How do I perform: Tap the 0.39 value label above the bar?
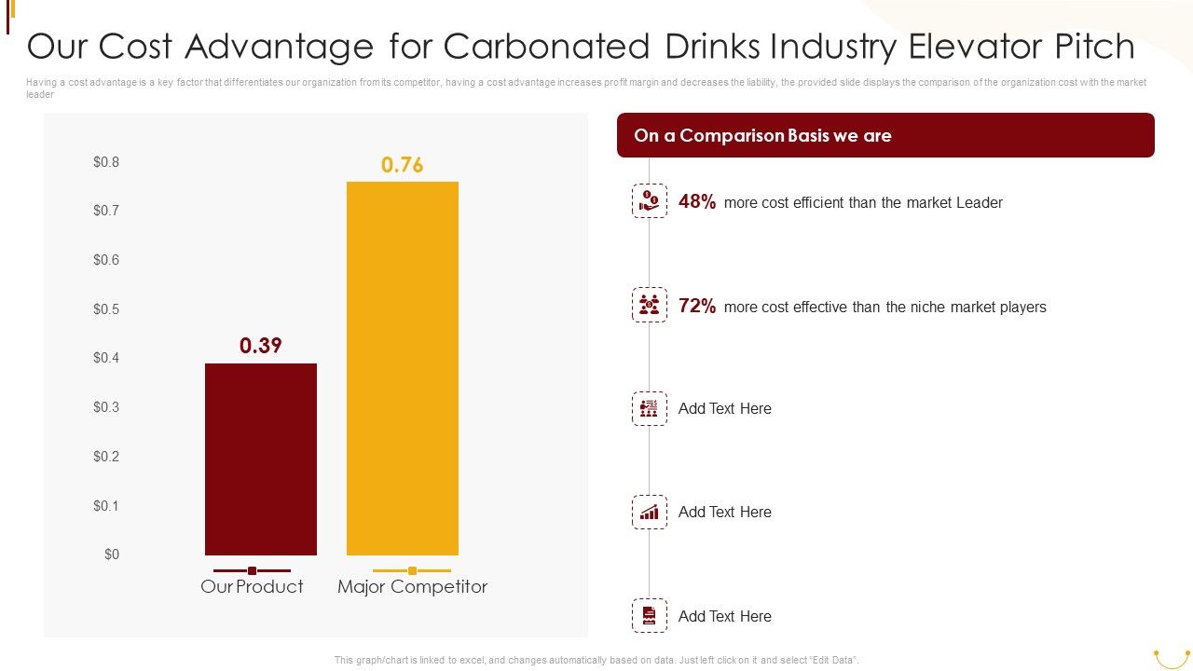pyautogui.click(x=260, y=346)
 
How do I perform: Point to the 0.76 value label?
pyautogui.click(x=402, y=165)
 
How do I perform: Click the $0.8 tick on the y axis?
pyautogui.click(x=106, y=162)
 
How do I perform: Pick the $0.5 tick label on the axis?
pyautogui.click(x=106, y=309)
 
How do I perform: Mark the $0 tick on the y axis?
pyautogui.click(x=112, y=555)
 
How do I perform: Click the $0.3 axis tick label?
pyautogui.click(x=106, y=407)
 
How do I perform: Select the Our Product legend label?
pyautogui.click(x=252, y=586)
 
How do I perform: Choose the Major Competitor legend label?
pyautogui.click(x=412, y=586)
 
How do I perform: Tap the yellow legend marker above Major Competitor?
pyautogui.click(x=412, y=570)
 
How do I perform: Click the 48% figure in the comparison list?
pyautogui.click(x=697, y=202)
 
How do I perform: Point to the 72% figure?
pyautogui.click(x=697, y=307)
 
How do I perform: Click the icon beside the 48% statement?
pyautogui.click(x=650, y=200)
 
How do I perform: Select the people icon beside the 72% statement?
pyautogui.click(x=650, y=305)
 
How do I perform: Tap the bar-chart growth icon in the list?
pyautogui.click(x=650, y=512)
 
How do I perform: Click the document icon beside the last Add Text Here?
pyautogui.click(x=650, y=615)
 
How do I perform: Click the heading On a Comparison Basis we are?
pyautogui.click(x=762, y=136)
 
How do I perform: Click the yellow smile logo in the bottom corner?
pyautogui.click(x=1171, y=658)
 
